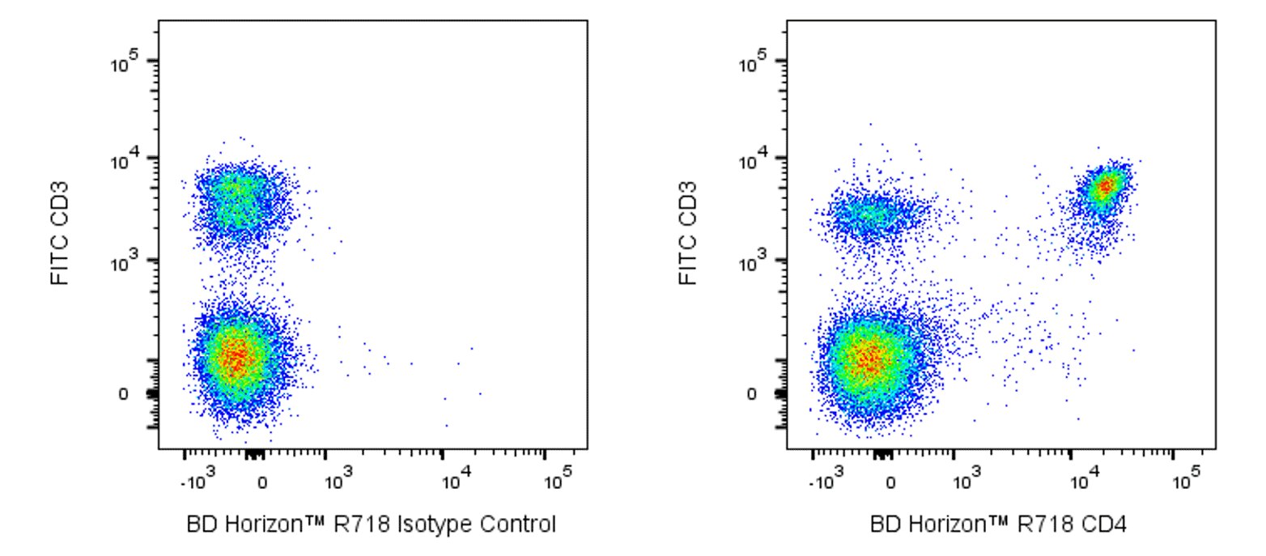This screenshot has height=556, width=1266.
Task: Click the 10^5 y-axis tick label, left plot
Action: point(127,64)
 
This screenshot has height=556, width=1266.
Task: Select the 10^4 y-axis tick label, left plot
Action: point(127,161)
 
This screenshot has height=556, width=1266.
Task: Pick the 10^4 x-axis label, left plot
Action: point(455,483)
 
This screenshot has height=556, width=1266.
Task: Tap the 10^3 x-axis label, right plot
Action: point(963,483)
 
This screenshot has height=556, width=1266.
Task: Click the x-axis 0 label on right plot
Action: point(890,484)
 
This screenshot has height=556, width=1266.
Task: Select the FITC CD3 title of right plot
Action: point(687,233)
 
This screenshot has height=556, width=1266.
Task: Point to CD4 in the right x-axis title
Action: point(1108,524)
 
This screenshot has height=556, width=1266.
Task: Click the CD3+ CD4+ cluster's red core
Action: point(1104,186)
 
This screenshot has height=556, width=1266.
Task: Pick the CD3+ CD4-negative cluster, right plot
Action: point(871,216)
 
